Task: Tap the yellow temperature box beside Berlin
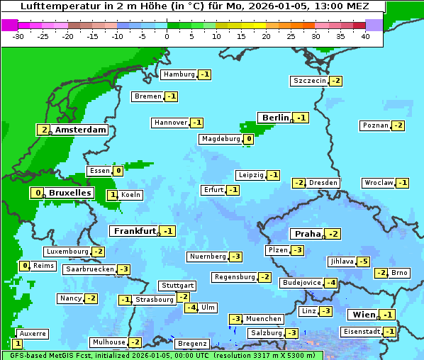click(x=302, y=118)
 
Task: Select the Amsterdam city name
click(x=80, y=130)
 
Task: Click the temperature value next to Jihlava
click(x=364, y=261)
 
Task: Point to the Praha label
click(x=308, y=234)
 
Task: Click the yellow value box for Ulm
click(x=191, y=308)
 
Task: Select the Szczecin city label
click(x=310, y=81)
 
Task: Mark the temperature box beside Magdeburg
click(x=248, y=139)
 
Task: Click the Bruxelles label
click(x=69, y=193)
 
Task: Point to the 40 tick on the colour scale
click(x=365, y=35)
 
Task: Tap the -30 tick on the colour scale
click(x=18, y=35)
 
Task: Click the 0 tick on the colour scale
click(x=167, y=35)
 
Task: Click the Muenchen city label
click(x=264, y=319)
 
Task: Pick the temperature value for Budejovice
click(x=331, y=283)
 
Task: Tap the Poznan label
click(x=375, y=125)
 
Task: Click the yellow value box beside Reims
click(x=25, y=266)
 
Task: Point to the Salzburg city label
click(x=266, y=333)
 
